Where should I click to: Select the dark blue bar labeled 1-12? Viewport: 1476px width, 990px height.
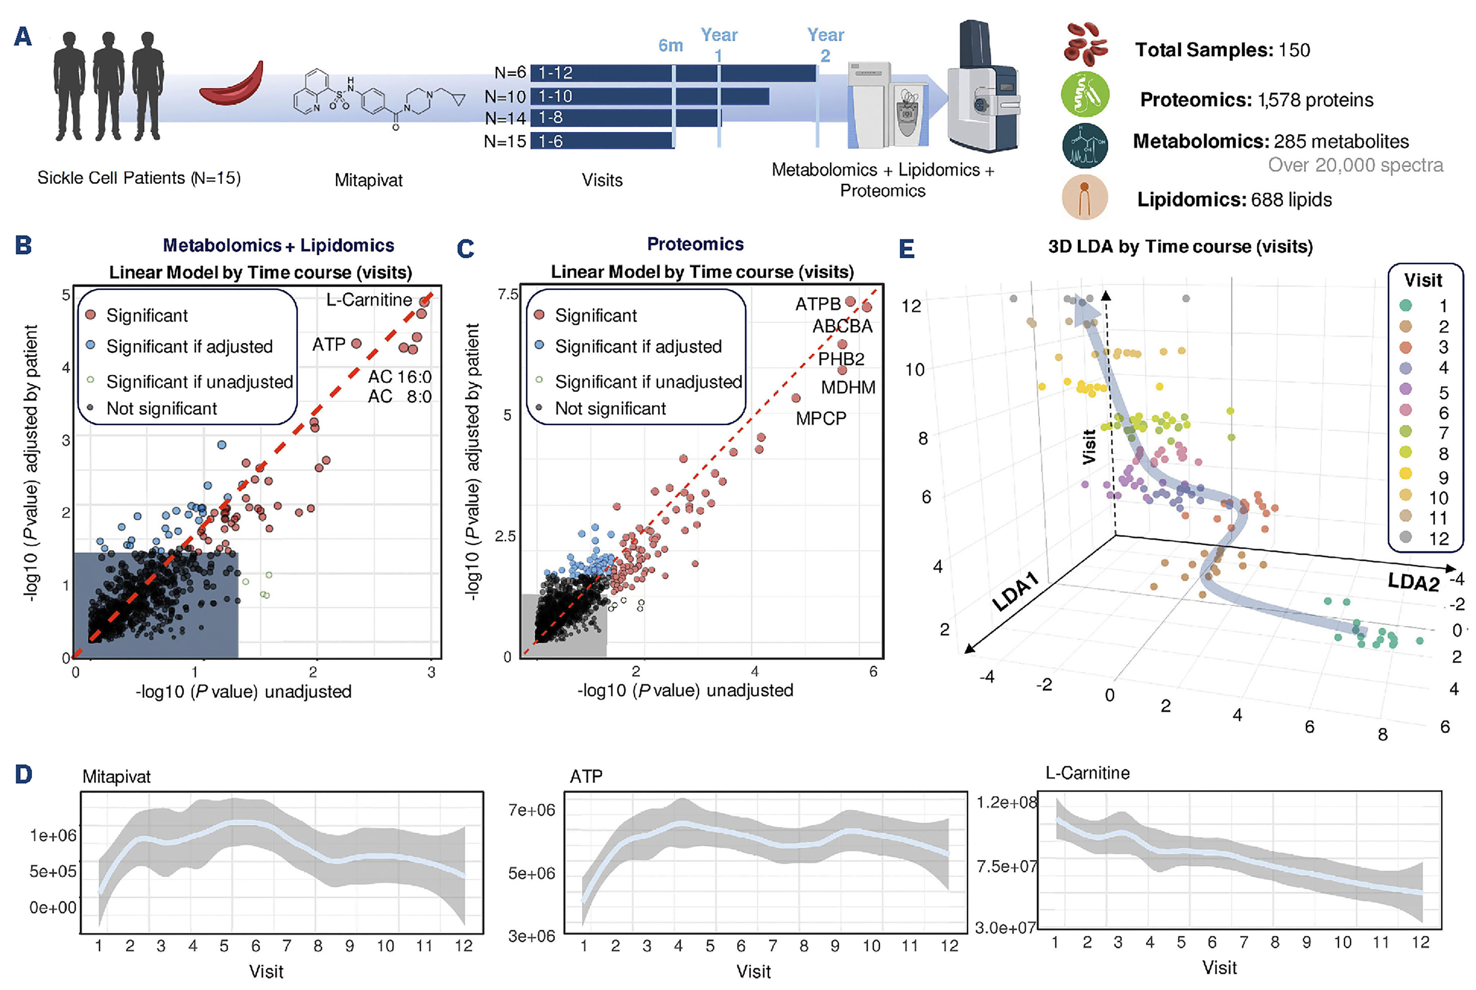pos(673,73)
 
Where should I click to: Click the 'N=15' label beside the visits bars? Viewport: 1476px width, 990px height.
pos(505,142)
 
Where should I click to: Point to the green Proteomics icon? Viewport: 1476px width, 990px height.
pos(1084,95)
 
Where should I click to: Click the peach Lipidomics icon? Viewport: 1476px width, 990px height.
pos(1084,198)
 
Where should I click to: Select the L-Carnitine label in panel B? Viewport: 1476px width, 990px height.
pos(369,300)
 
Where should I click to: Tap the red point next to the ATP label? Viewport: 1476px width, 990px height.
pos(356,343)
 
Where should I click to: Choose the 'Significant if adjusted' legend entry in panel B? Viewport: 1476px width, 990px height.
pos(189,347)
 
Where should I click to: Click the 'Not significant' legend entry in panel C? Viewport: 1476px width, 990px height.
pos(610,408)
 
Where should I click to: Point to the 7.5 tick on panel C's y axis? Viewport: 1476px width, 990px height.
pos(507,294)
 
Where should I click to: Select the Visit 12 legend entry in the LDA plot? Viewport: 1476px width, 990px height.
pos(1424,538)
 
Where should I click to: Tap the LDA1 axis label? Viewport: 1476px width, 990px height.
pos(1015,592)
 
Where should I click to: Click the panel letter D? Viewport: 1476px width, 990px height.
pos(23,774)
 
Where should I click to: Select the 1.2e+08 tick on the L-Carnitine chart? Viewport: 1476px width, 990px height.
pos(1006,802)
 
